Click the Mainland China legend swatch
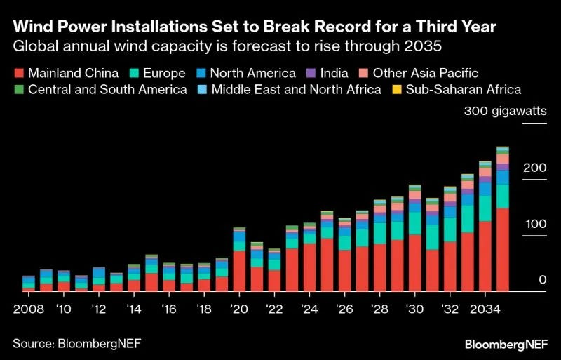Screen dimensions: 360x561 tap(18, 73)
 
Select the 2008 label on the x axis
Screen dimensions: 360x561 tap(29, 309)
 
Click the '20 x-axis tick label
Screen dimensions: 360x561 tap(239, 309)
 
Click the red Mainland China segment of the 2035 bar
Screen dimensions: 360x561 tap(503, 249)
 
